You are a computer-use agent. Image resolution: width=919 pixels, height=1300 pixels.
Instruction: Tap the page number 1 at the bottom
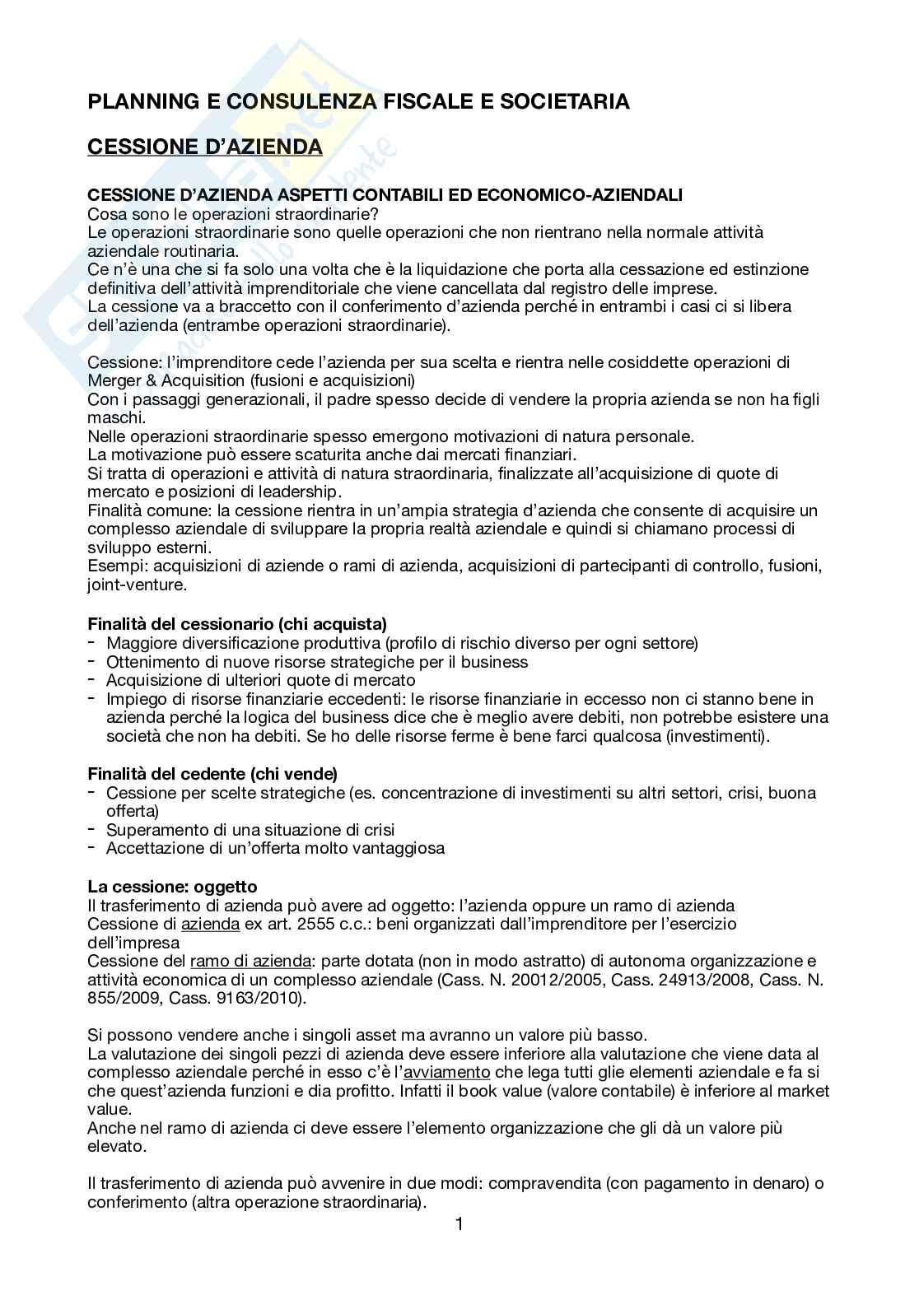[x=459, y=1224]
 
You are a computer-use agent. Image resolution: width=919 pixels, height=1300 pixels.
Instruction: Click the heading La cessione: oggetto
[x=172, y=887]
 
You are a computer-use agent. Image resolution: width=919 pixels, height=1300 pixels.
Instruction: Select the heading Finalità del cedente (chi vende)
[x=212, y=774]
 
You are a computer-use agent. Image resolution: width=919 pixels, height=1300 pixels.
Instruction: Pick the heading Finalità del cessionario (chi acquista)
[x=237, y=624]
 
